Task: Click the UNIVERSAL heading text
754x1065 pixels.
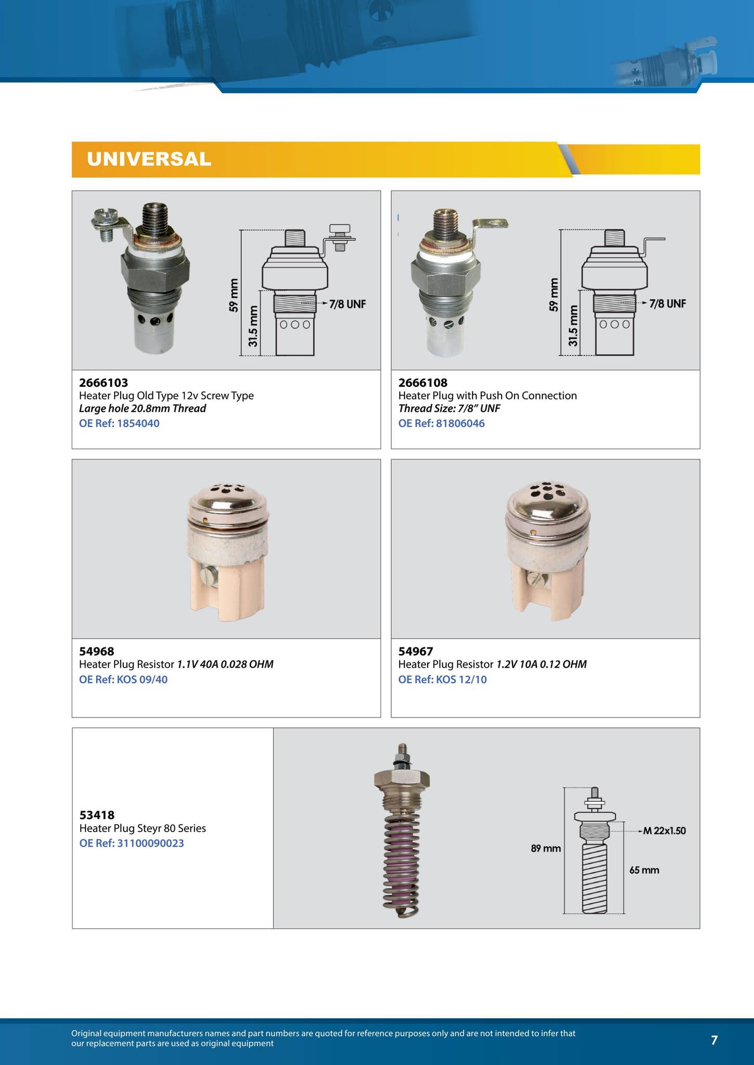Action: point(149,159)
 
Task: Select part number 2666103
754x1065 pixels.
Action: point(104,383)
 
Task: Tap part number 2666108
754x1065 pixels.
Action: point(423,383)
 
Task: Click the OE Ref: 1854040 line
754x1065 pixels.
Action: point(119,423)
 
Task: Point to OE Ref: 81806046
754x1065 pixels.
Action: point(441,423)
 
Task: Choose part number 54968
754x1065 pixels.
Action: point(96,651)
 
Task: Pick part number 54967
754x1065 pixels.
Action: point(415,651)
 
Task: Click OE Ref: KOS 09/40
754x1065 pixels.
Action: point(123,680)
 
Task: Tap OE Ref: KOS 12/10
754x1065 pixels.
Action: point(442,680)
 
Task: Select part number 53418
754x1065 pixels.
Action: point(97,815)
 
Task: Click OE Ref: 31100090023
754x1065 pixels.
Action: point(132,843)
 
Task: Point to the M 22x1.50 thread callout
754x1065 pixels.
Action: point(664,831)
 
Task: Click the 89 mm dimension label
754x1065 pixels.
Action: point(545,849)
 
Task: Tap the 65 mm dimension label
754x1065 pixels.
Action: point(644,870)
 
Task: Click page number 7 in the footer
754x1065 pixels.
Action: point(714,1040)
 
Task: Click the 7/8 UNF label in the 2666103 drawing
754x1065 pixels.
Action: point(347,304)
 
